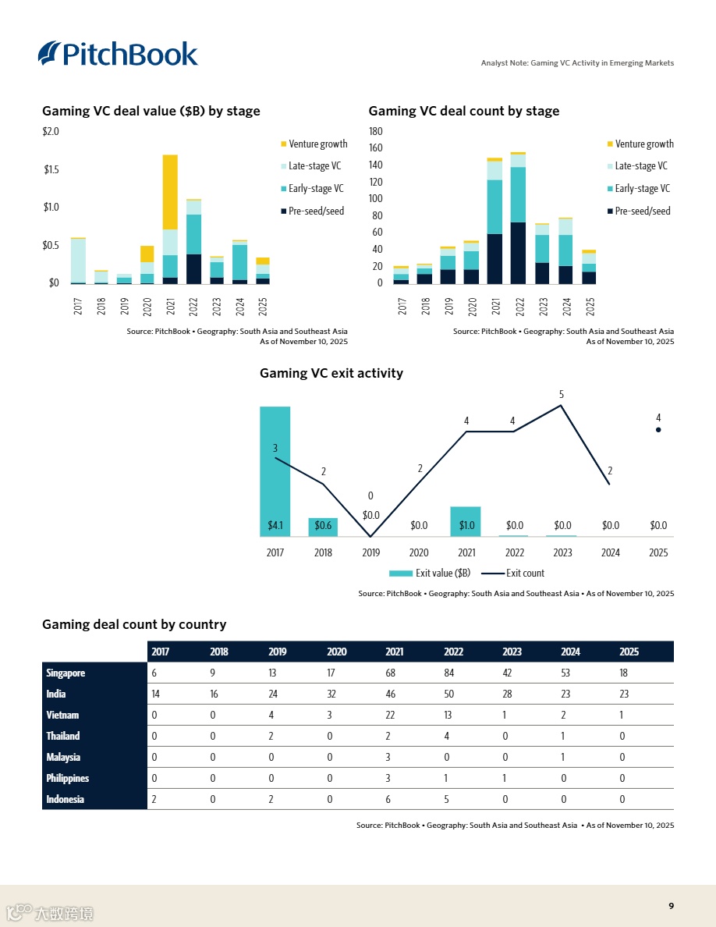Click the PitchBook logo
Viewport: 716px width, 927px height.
tap(119, 53)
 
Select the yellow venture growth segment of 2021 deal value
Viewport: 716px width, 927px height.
tap(170, 192)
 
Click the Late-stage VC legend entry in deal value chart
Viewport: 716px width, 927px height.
tap(314, 166)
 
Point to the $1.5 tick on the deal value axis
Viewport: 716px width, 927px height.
tap(51, 169)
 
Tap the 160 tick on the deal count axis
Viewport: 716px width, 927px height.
tap(375, 148)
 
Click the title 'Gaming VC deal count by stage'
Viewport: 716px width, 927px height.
tap(463, 111)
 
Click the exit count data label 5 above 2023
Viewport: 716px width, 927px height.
tap(562, 395)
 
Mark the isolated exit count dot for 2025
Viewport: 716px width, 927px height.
tap(658, 429)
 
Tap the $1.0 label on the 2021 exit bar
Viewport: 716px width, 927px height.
tap(466, 526)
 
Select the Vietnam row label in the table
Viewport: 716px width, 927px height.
tap(62, 715)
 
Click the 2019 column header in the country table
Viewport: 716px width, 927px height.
tap(278, 652)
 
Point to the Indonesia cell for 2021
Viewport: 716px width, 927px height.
tap(388, 799)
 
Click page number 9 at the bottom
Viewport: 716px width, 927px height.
tap(671, 906)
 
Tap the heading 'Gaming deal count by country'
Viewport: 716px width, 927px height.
tap(134, 624)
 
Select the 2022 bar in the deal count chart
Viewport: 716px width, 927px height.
tap(518, 218)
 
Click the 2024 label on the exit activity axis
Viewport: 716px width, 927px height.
tap(611, 552)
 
